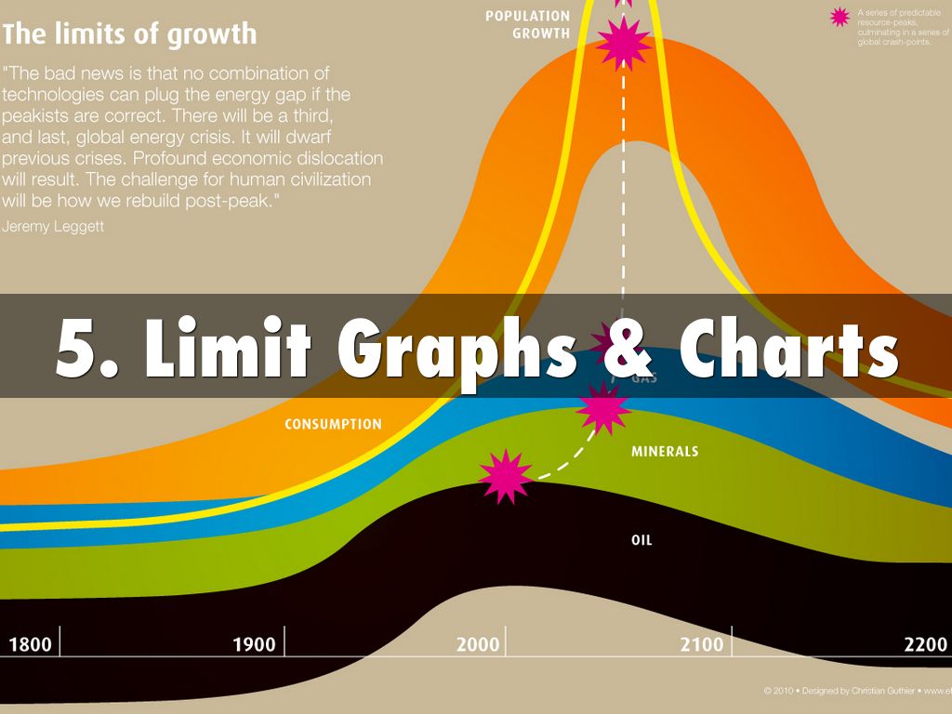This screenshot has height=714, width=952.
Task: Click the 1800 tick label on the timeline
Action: (x=31, y=644)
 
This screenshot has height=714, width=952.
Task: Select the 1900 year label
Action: (x=254, y=644)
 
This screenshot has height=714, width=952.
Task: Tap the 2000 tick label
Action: (x=478, y=644)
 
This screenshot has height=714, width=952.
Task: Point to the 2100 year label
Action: (x=701, y=644)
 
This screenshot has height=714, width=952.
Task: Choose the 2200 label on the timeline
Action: (x=925, y=644)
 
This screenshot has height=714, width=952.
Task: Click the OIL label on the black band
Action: (x=641, y=539)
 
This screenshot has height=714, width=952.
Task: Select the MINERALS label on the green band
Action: (x=665, y=452)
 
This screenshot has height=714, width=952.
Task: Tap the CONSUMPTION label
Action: (x=333, y=425)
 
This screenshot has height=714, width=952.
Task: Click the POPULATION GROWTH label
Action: (x=528, y=25)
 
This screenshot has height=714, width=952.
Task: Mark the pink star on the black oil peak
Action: (x=506, y=476)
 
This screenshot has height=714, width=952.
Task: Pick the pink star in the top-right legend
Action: (x=840, y=17)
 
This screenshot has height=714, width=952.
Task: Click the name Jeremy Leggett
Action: (x=53, y=226)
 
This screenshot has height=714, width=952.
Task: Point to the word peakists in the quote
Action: (x=38, y=116)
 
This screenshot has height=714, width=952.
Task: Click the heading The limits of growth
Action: (x=129, y=35)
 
